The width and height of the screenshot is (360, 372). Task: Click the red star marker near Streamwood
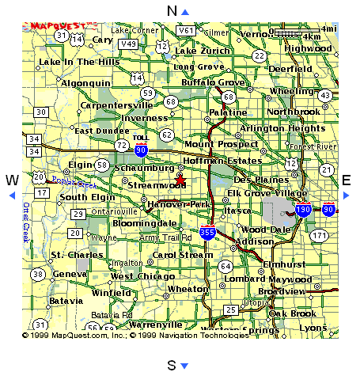pyautogui.click(x=180, y=180)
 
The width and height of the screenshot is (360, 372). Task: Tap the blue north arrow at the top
pyautogui.click(x=185, y=11)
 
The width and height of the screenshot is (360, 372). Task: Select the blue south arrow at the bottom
pyautogui.click(x=184, y=365)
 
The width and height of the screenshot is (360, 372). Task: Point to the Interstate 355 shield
pyautogui.click(x=207, y=233)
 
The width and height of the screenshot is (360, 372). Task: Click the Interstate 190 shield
pyautogui.click(x=303, y=211)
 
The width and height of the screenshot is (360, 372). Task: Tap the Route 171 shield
pyautogui.click(x=320, y=236)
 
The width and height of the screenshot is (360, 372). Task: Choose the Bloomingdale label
pyautogui.click(x=137, y=224)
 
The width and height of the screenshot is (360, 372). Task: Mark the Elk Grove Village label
pyautogui.click(x=267, y=193)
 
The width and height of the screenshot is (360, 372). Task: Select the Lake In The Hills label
pyautogui.click(x=79, y=62)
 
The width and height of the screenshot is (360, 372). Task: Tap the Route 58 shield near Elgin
pyautogui.click(x=101, y=164)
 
